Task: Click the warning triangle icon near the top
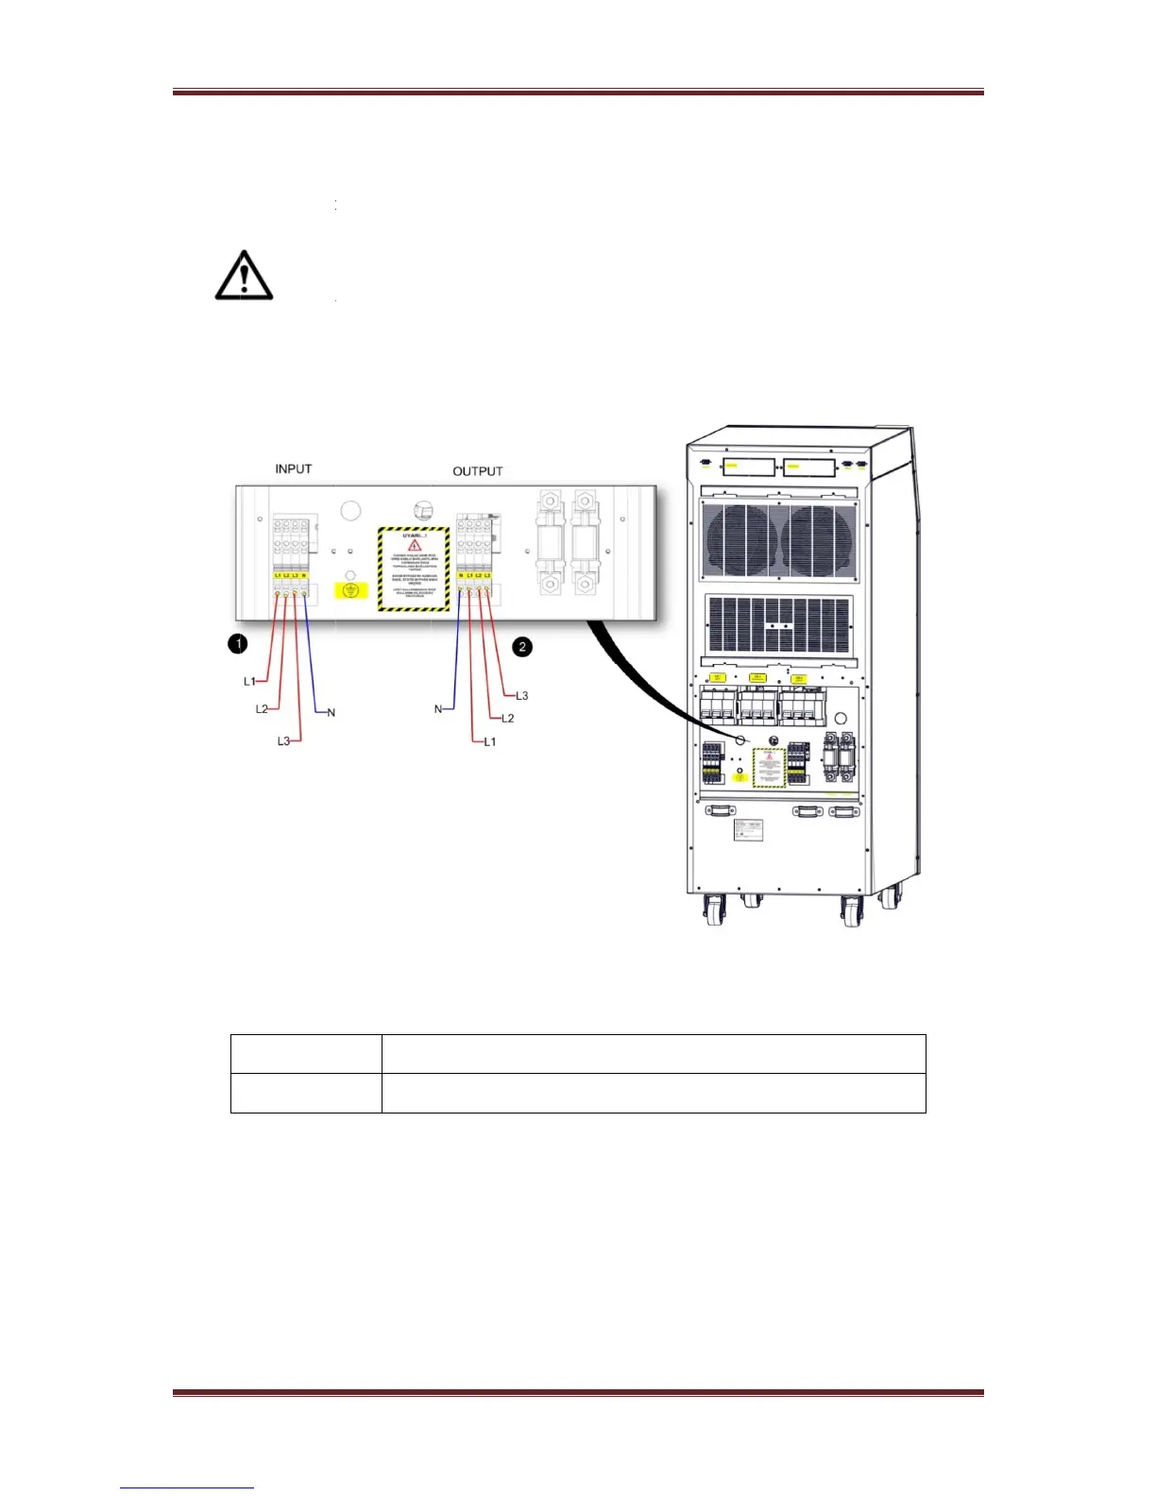(x=244, y=276)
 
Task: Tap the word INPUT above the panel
(x=293, y=468)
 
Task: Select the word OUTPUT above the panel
(x=477, y=471)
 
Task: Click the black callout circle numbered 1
(x=238, y=643)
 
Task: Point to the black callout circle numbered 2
(x=522, y=647)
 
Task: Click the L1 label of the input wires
(x=249, y=681)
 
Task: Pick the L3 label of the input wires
(x=283, y=741)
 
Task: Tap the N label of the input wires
(x=331, y=712)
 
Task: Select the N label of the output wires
(x=438, y=708)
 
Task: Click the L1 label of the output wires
(x=489, y=742)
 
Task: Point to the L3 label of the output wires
(x=521, y=696)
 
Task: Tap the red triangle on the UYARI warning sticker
(x=414, y=546)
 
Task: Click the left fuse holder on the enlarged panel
(x=551, y=542)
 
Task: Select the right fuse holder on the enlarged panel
(x=585, y=542)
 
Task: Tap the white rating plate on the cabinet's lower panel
(x=748, y=830)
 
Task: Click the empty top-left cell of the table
(x=306, y=1054)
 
